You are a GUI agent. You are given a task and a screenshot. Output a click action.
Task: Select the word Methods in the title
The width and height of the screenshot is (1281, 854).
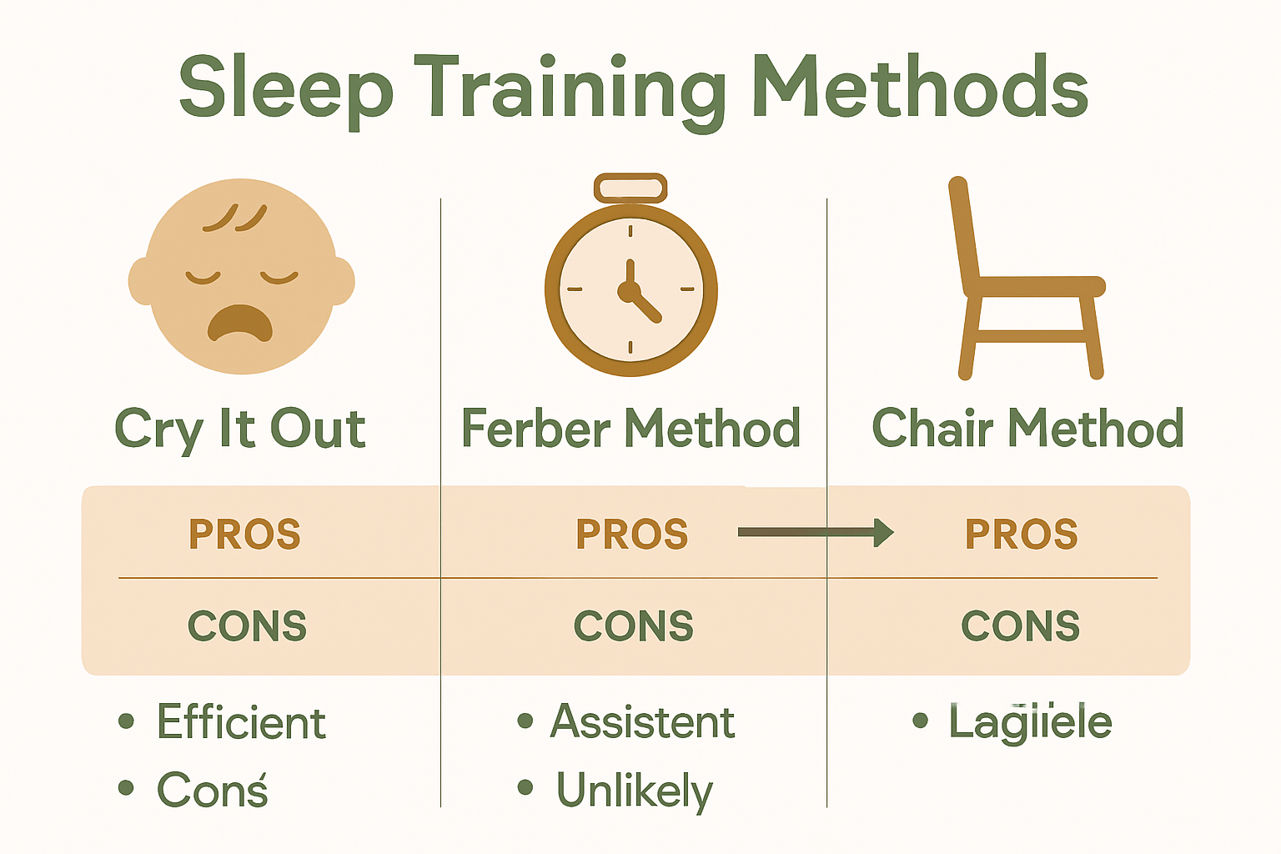920,88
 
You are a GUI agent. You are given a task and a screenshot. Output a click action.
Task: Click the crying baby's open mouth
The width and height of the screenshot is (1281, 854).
240,323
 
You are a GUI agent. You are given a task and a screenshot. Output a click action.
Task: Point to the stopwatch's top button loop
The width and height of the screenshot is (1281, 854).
630,188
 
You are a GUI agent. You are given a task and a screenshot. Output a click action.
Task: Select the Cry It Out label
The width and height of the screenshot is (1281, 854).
240,429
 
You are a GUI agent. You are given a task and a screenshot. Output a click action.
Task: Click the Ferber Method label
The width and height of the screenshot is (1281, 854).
630,429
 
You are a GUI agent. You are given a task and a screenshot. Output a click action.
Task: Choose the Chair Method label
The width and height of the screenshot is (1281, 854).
1027,429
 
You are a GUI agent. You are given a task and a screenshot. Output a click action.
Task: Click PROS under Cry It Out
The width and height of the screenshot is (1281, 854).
244,535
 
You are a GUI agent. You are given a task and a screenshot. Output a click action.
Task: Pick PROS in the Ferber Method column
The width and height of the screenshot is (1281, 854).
632,535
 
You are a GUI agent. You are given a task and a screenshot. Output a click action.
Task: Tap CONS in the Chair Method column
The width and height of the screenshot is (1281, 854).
1020,625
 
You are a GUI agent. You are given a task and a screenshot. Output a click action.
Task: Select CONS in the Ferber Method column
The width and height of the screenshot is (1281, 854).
633,625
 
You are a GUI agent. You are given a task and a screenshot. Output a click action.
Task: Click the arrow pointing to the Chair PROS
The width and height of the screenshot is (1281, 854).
816,532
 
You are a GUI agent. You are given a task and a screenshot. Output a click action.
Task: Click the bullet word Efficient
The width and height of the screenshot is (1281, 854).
241,722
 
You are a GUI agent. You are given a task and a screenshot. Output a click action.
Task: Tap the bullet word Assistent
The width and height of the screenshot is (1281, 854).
642,721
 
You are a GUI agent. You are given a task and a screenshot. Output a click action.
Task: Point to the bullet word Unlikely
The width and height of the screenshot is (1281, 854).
635,791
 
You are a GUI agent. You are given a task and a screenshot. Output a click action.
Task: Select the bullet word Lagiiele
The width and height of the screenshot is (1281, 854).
1030,722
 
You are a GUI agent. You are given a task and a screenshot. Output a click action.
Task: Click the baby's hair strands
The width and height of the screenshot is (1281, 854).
235,217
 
